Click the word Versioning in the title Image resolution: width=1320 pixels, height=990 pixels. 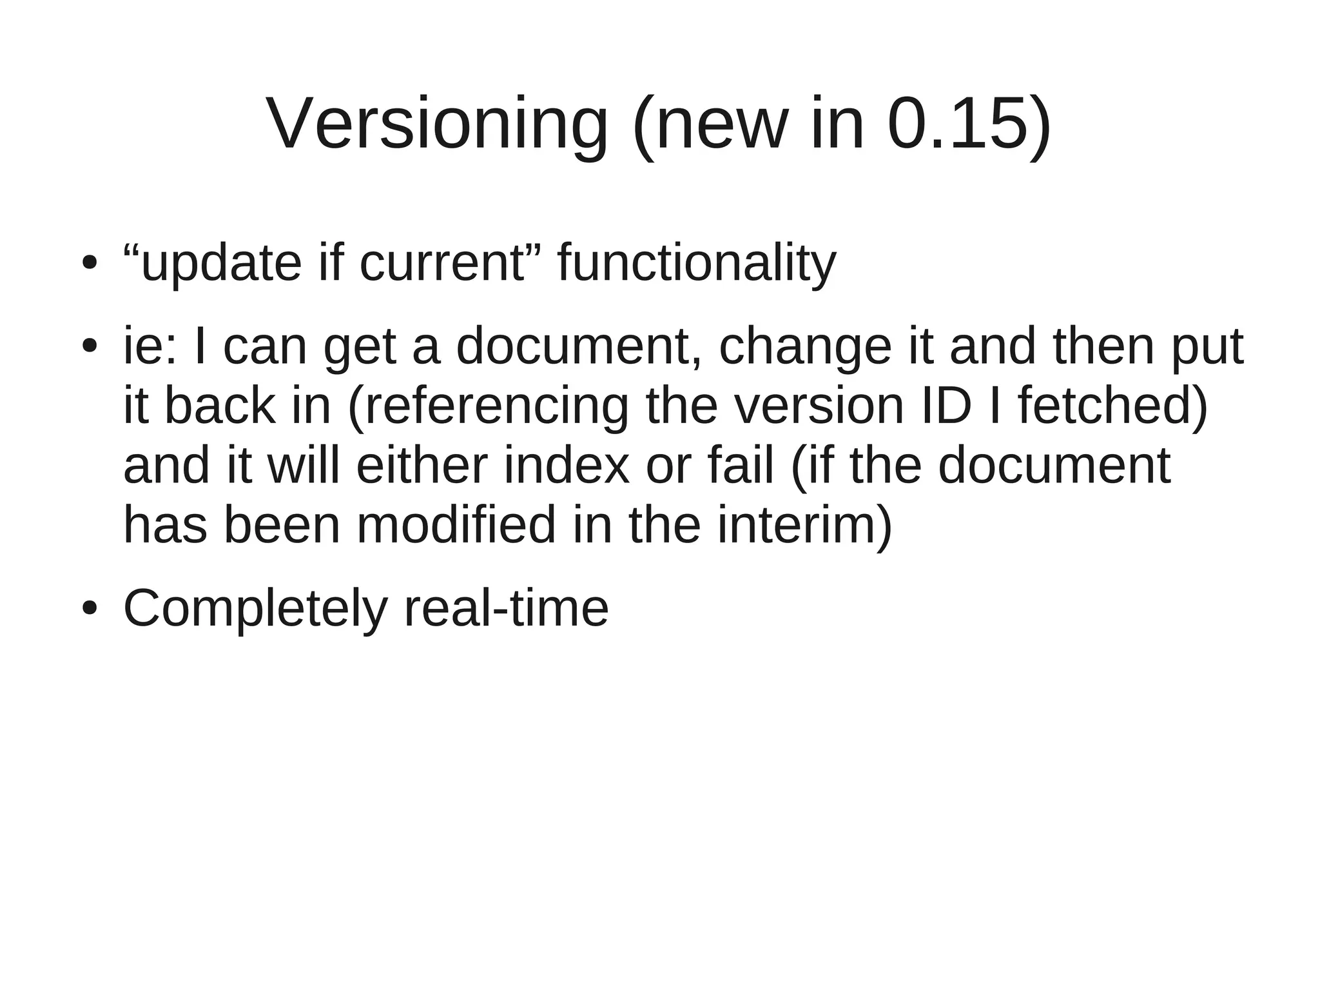coord(437,124)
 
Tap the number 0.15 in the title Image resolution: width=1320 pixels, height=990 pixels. coord(958,124)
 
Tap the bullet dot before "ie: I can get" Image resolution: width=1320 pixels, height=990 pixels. coord(90,346)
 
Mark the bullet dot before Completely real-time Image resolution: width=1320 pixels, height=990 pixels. coord(90,608)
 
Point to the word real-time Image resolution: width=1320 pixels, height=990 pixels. coord(506,608)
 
